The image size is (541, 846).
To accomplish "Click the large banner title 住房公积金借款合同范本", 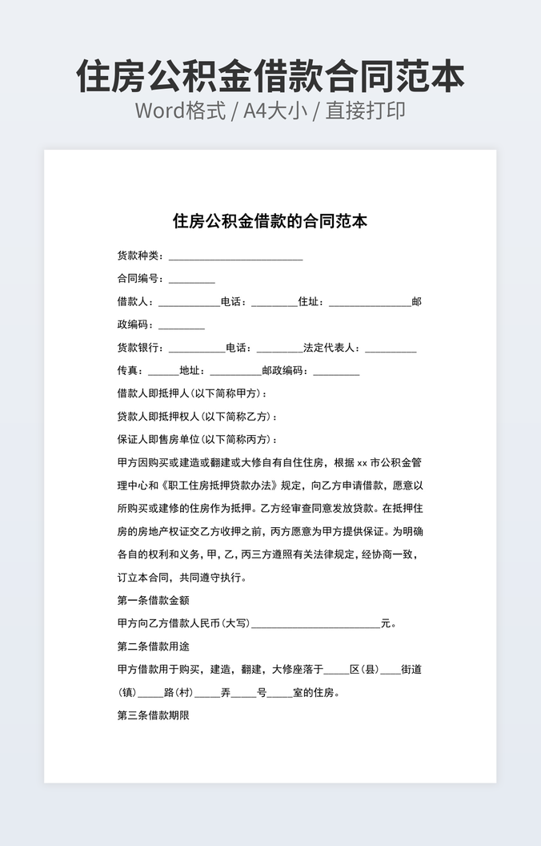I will (270, 76).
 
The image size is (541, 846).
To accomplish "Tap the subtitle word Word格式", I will (180, 111).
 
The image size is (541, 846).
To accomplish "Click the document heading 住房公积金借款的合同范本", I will (270, 221).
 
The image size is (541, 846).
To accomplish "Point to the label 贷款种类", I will (139, 256).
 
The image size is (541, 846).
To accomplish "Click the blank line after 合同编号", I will (191, 280).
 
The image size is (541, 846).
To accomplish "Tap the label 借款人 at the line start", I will (134, 302).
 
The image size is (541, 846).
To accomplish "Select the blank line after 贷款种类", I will (235, 258).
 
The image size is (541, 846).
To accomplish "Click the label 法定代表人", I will (331, 348).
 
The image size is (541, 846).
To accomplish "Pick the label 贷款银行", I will (139, 348).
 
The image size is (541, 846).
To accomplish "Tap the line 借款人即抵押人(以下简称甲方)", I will (192, 393).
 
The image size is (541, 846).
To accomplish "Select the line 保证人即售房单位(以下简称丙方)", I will (198, 440).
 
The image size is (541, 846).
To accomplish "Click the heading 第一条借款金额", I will (154, 600).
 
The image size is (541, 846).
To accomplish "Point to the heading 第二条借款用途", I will (154, 646).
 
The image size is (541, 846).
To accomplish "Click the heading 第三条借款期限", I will (154, 715).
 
